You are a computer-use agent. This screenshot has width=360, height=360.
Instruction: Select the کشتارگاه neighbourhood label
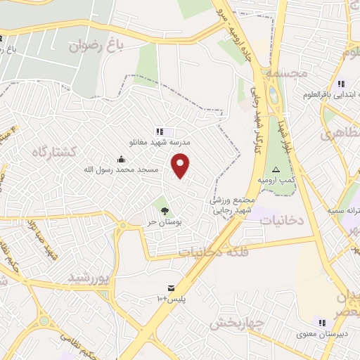pos(58,152)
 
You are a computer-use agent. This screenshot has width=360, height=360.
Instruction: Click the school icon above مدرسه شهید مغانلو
pos(160,131)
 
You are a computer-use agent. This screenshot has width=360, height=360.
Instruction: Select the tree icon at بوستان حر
pos(165,210)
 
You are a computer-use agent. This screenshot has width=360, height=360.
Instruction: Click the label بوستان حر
pos(165,221)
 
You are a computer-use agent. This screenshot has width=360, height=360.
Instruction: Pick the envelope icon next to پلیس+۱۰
pos(171,288)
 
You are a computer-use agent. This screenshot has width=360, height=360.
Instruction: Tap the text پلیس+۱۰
pos(171,300)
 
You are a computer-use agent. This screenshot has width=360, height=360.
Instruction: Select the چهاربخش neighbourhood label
pos(236,323)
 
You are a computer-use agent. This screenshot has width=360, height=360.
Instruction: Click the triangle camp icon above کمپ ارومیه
pos(276,170)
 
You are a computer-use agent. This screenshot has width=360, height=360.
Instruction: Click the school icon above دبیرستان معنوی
pos(341,322)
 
